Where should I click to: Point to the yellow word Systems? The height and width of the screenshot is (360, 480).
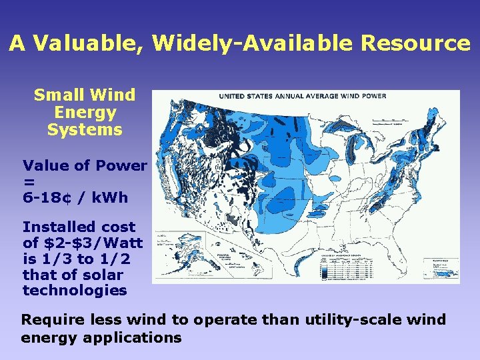(85, 130)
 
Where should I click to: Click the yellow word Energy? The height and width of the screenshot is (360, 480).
(85, 113)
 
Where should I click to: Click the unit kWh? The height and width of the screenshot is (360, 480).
(110, 198)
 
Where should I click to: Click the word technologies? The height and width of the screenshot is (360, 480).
(75, 291)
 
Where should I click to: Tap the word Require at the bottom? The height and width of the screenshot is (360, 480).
(50, 319)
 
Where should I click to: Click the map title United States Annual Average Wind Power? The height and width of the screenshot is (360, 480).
(303, 96)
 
